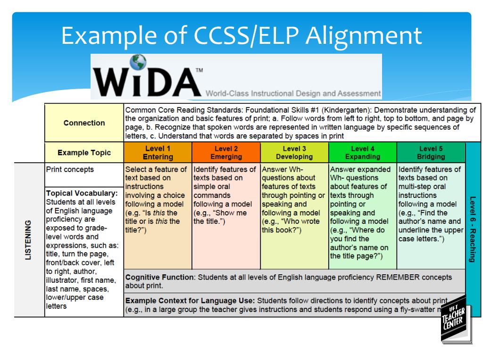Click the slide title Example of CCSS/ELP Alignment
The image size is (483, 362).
[241, 35]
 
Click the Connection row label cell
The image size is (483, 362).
[84, 123]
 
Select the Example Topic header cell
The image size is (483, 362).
[84, 153]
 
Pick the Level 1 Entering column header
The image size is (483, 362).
[158, 153]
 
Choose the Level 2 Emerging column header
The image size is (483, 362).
[226, 153]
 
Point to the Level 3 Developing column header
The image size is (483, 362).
[294, 153]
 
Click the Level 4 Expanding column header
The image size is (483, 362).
[362, 153]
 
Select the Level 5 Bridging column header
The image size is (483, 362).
[431, 153]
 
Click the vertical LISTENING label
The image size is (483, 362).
[29, 239]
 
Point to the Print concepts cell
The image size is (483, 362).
[70, 170]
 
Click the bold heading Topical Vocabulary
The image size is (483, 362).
[82, 193]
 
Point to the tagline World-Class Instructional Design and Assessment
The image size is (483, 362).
[293, 93]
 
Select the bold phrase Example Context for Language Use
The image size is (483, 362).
[190, 300]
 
